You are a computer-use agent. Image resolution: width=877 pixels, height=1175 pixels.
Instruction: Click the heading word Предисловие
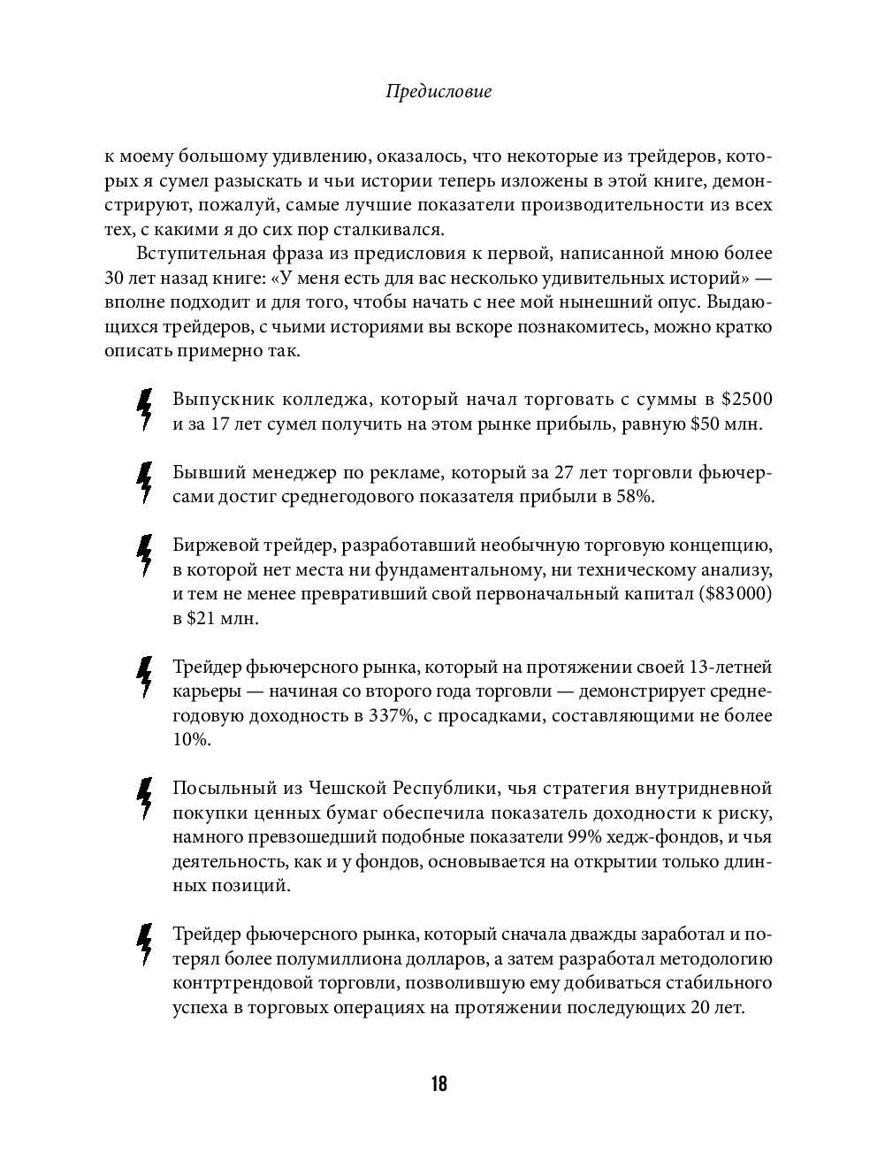click(438, 91)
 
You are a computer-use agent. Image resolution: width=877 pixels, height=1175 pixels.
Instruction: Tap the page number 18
click(438, 1084)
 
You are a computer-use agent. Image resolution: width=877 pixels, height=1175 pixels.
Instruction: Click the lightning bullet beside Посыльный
click(143, 797)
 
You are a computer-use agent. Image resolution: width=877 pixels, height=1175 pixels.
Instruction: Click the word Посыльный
click(217, 788)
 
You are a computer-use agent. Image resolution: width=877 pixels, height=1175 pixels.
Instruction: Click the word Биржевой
click(212, 546)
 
